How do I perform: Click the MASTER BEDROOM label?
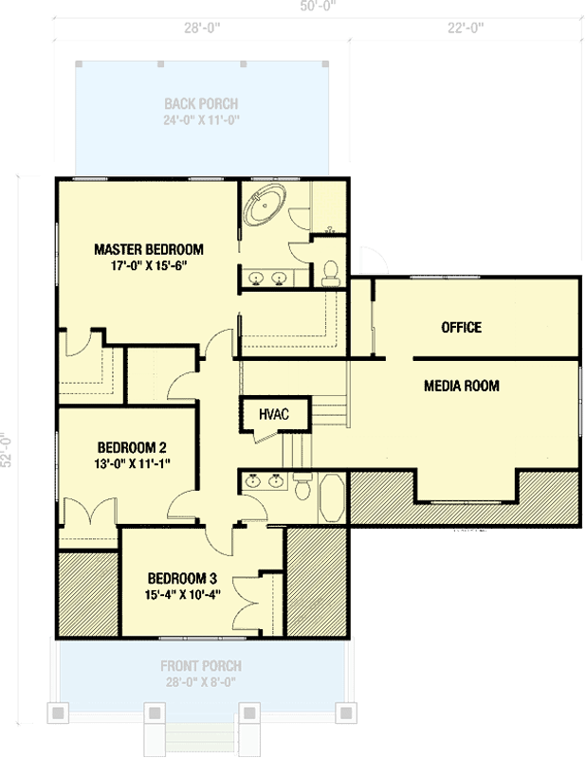(148, 250)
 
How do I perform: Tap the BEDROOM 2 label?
(133, 447)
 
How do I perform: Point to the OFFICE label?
(461, 328)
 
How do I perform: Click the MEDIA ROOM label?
(461, 386)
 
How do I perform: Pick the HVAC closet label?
(266, 413)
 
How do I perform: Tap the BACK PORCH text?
(201, 103)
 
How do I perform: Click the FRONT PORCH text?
(200, 666)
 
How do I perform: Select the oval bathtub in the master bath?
(266, 206)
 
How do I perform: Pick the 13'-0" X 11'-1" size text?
(133, 463)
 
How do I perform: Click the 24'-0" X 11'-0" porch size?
(201, 119)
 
